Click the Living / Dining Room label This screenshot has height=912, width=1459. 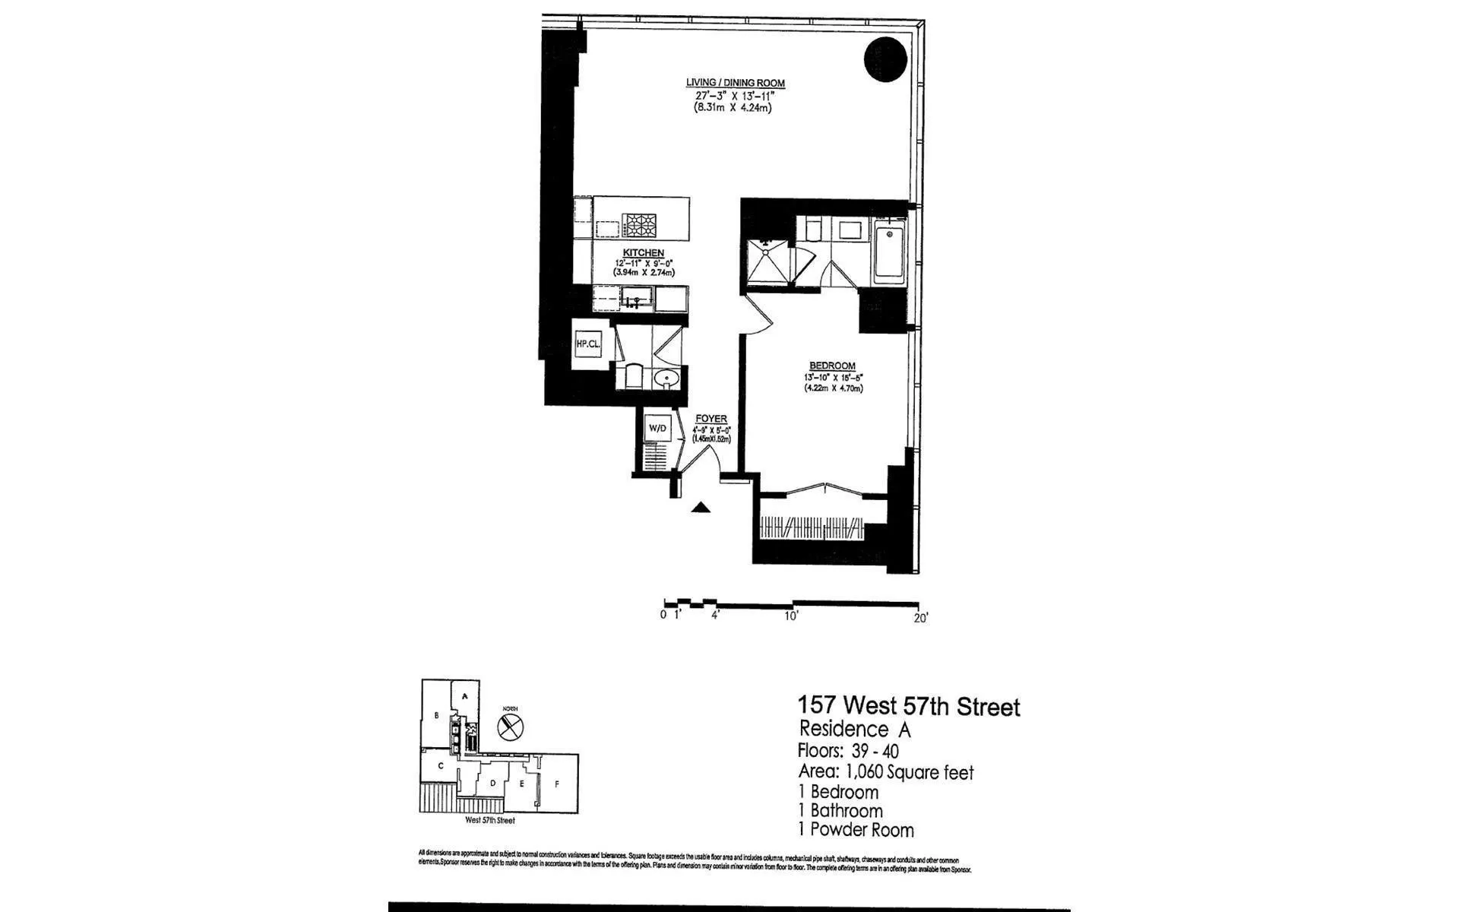[x=735, y=83]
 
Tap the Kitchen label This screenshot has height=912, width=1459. [x=643, y=253]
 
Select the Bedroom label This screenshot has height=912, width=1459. [x=832, y=366]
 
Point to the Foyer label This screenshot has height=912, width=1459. [x=711, y=419]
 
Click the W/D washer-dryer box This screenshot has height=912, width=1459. [x=657, y=429]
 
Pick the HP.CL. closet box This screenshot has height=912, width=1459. [x=588, y=344]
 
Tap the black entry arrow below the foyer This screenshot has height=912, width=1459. [x=701, y=508]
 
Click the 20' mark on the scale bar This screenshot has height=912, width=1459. [x=920, y=618]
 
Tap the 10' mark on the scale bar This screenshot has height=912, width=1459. [x=791, y=616]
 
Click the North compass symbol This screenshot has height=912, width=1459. [x=511, y=726]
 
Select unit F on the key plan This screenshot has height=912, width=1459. [x=557, y=784]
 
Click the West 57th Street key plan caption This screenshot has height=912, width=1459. [x=490, y=821]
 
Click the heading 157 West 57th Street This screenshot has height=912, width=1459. [x=908, y=707]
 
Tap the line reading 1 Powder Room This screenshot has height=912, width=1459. [x=856, y=830]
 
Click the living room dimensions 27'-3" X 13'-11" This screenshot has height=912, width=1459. [x=735, y=96]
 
